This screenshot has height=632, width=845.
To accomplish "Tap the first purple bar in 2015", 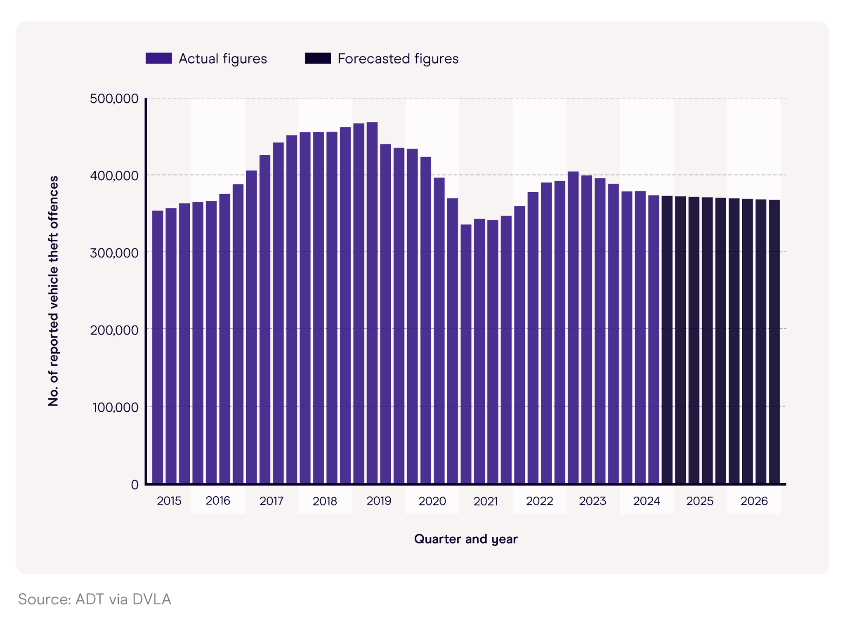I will pos(158,347).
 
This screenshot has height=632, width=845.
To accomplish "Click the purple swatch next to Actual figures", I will pos(158,58).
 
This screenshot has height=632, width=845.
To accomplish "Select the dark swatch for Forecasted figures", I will pos(318,58).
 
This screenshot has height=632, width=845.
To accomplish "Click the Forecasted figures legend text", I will pos(398,59).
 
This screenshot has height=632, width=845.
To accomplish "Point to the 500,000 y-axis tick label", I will pos(114,99).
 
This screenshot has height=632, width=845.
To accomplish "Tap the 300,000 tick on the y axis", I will pos(114,252).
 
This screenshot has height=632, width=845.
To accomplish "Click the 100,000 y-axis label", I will pos(115,407).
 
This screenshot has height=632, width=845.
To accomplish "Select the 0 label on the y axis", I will pos(135,484).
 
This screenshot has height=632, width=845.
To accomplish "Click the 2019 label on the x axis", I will pos(378,501).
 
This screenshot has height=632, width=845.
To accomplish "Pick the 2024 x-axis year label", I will pos(646,501).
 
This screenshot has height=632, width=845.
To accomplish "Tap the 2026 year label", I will pos(754,501).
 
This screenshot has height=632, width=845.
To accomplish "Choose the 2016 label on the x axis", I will pos(218,501).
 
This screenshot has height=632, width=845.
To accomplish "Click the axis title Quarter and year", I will pos(465,539).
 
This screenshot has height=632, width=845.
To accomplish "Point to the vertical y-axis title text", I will pos(53,291).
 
